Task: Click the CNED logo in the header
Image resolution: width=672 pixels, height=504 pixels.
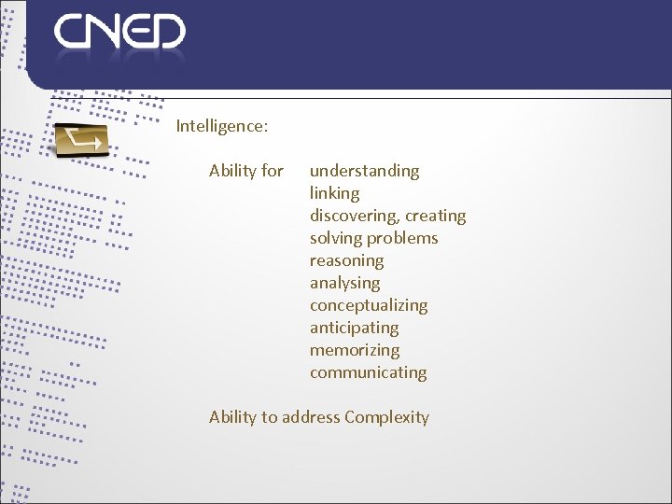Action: [119, 32]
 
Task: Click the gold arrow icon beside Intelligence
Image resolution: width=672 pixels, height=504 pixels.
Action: [82, 140]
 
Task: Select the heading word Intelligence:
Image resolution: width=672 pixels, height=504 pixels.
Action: [222, 125]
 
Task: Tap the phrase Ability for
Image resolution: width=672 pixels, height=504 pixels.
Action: [246, 171]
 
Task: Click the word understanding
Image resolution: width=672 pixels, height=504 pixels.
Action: [364, 171]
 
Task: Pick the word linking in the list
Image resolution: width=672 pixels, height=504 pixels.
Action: [334, 193]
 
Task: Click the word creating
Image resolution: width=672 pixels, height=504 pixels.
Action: [436, 216]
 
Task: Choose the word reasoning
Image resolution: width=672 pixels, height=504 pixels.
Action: [346, 260]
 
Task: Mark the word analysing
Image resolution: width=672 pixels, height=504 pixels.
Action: [344, 283]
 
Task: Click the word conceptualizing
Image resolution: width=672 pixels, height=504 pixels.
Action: [369, 305]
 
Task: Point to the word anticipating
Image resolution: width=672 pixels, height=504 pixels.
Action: [354, 328]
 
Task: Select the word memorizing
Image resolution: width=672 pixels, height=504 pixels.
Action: [354, 350]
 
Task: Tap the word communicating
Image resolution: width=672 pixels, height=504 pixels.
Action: [368, 372]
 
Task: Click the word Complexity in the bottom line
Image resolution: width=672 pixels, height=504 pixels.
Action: [386, 417]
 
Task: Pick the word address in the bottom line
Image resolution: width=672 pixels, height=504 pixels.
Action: [311, 417]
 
